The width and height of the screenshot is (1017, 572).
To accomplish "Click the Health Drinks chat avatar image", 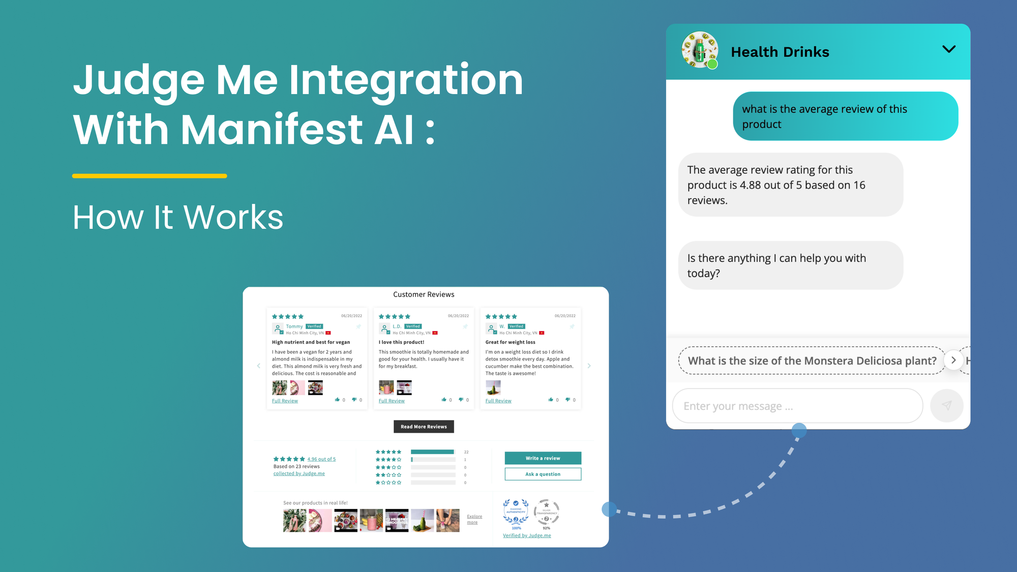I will tap(700, 50).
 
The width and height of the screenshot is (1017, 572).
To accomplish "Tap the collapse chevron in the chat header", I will tap(949, 49).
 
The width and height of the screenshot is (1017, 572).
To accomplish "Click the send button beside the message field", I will tap(946, 405).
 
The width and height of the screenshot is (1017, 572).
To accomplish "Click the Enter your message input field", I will tap(797, 406).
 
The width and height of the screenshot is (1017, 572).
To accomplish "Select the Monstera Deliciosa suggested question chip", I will tap(812, 360).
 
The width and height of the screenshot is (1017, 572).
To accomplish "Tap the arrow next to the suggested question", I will tap(953, 360).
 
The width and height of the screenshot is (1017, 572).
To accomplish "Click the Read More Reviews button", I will tap(424, 427).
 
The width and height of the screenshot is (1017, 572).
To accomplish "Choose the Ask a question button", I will tap(543, 474).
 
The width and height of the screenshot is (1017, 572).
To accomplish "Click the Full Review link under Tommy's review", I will tap(285, 401).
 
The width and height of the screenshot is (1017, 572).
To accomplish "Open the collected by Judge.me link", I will tap(299, 473).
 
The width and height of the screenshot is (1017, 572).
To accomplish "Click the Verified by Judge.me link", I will tap(527, 535).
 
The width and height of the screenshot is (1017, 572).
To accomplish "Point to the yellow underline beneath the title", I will tap(149, 176).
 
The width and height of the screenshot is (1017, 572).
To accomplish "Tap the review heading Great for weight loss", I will tap(510, 342).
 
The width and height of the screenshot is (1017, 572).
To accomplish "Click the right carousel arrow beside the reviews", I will tap(589, 366).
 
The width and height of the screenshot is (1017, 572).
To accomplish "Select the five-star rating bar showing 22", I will tap(432, 451).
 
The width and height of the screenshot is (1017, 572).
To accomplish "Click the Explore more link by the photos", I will tap(474, 519).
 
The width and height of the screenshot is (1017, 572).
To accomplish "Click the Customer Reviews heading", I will tap(424, 294).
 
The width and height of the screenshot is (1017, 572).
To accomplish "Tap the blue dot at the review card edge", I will tap(609, 509).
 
